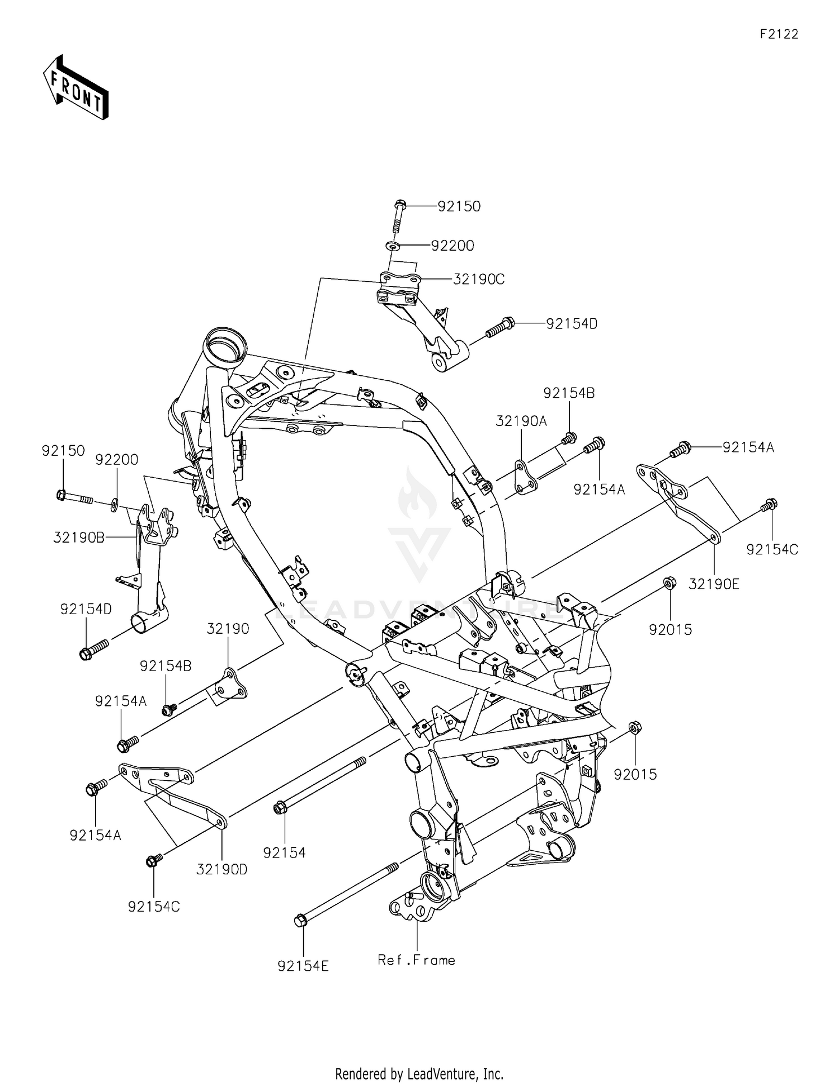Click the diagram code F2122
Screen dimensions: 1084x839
(779, 34)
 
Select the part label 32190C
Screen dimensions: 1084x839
(478, 279)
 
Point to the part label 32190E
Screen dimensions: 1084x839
(714, 584)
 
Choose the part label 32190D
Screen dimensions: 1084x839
(222, 869)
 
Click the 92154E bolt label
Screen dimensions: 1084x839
(303, 966)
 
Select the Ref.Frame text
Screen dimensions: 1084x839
(417, 960)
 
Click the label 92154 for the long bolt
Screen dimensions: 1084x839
(285, 852)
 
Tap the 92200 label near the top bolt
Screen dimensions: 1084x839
(453, 246)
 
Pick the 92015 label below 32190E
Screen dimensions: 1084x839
(670, 629)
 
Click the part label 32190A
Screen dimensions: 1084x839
(521, 421)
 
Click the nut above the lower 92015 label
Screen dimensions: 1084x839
(634, 728)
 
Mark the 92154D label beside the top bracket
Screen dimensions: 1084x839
(572, 323)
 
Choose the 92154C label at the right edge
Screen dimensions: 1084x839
(772, 549)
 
